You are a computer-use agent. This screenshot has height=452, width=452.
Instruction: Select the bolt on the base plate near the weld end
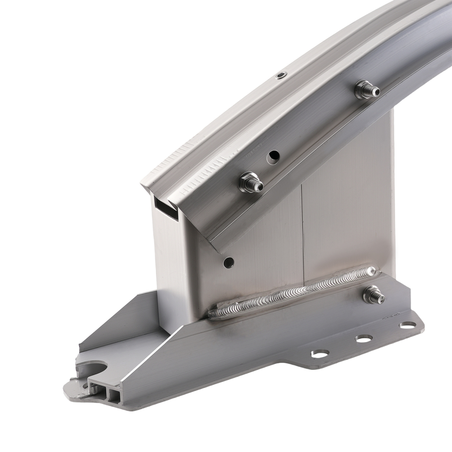(373, 295)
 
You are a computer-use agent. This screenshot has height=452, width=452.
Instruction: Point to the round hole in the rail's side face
(273, 157)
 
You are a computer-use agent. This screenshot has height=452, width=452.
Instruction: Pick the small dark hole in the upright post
(229, 262)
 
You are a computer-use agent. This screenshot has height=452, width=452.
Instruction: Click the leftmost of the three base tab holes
(320, 354)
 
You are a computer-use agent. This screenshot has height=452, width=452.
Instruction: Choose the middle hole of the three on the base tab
(363, 338)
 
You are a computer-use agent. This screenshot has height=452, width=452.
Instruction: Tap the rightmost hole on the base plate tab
(408, 325)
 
